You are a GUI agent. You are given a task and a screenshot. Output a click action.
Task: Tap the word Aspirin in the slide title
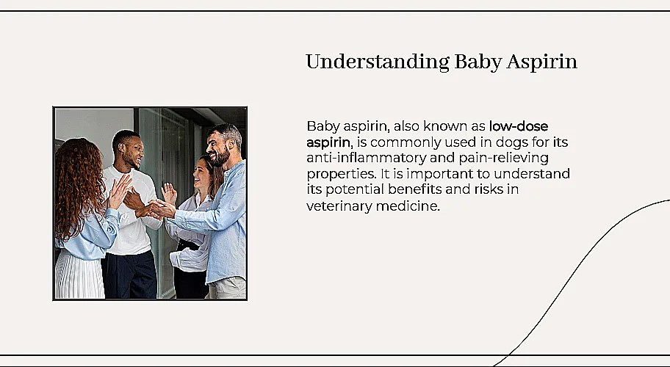[542, 62]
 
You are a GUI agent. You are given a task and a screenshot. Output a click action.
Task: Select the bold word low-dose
[518, 126]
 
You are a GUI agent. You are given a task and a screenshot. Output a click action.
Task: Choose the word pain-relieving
[506, 159]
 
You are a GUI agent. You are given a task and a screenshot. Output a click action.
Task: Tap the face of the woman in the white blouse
[200, 175]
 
